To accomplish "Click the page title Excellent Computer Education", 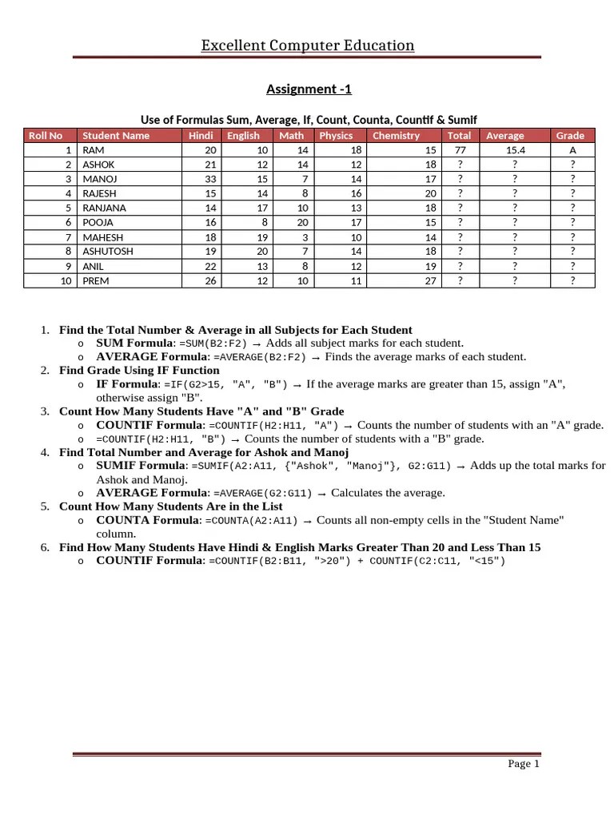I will click(307, 46).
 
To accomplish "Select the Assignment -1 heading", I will click(307, 89).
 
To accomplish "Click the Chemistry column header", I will click(396, 135).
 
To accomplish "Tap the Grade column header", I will click(570, 135).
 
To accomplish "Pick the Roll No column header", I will click(46, 135).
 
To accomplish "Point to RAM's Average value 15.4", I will click(515, 150).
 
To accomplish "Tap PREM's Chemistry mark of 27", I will click(430, 281).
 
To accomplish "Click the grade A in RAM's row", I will click(572, 150).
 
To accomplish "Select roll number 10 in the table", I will click(66, 281).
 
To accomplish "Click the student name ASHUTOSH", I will click(109, 252).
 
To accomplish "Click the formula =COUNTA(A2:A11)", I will click(252, 521).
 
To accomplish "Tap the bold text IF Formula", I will click(127, 384).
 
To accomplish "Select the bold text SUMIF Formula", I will click(141, 466).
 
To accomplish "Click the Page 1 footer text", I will click(524, 764).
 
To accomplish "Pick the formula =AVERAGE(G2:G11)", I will click(263, 493).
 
